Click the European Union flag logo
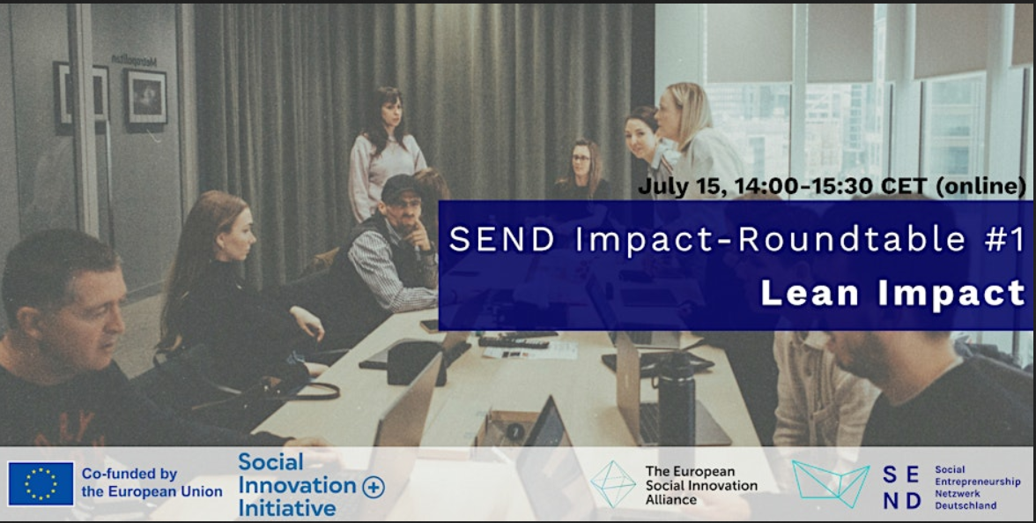(41, 484)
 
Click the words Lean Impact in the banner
(893, 294)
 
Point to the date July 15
(682, 187)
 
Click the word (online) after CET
(980, 187)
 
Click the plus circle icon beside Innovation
(374, 488)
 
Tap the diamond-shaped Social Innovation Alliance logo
(612, 484)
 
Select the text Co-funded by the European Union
(152, 482)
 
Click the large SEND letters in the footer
(902, 488)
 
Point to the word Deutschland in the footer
(966, 506)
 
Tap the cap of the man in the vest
(401, 188)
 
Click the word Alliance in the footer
(671, 500)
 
